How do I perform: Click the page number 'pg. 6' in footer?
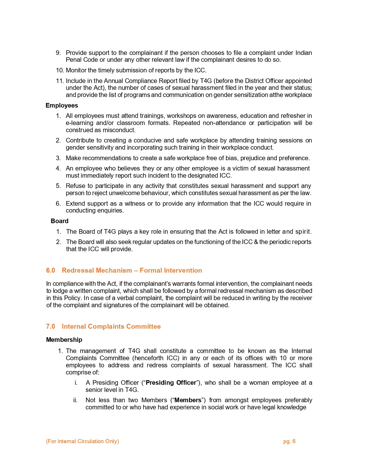coord(289,441)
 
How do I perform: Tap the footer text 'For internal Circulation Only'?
coord(82,441)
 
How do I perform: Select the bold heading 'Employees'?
coord(62,105)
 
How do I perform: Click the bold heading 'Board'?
coord(60,221)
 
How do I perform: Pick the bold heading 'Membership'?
coord(64,340)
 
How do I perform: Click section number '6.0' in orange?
coord(50,270)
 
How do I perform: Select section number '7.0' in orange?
coord(50,326)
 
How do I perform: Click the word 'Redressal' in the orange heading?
coord(78,270)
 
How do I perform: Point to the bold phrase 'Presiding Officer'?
coord(171,382)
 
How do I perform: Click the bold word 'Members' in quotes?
coord(188,400)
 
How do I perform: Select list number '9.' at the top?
coord(58,53)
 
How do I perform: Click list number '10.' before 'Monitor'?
coord(60,70)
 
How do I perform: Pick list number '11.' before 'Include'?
coord(60,81)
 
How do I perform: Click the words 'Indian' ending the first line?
coord(303,53)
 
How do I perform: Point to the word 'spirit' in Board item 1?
coord(303,231)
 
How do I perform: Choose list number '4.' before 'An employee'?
coord(58,168)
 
